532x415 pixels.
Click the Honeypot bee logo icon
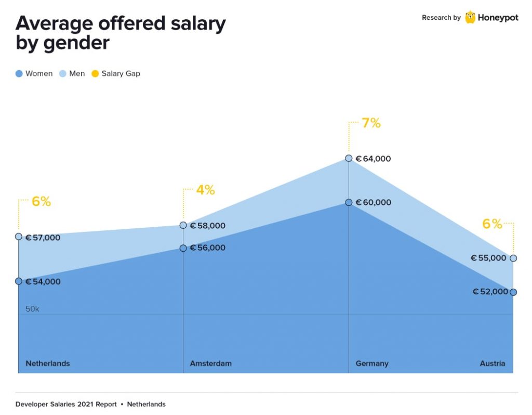[x=470, y=17]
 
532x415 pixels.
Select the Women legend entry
[x=34, y=73]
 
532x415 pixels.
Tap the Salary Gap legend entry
[x=116, y=73]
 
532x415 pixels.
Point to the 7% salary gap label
[x=371, y=123]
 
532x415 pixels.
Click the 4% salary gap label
[x=205, y=190]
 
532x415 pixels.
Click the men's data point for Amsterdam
[x=183, y=225]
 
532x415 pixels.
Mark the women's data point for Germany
[x=349, y=202]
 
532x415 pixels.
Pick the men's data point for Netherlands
[x=18, y=237]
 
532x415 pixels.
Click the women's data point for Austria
[x=513, y=292]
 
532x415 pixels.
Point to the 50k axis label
[x=32, y=309]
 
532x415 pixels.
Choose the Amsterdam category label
[x=210, y=364]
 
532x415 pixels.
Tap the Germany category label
[x=372, y=364]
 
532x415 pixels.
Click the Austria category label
[x=492, y=364]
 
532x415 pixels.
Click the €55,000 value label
[x=488, y=258]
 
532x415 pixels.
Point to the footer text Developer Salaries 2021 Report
[x=66, y=404]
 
